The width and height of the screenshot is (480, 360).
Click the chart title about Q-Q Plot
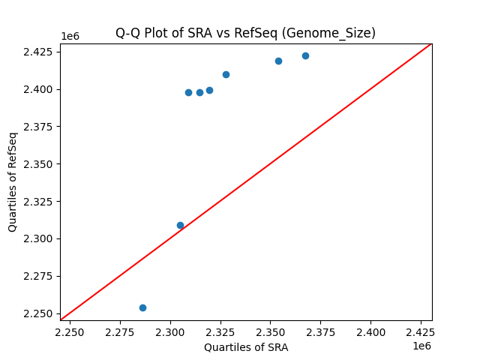click(245, 33)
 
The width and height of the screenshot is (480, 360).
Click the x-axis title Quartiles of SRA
click(245, 347)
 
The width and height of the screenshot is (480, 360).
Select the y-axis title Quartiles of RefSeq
click(13, 181)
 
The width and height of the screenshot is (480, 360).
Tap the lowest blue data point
click(142, 307)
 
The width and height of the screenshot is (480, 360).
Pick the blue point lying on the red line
click(180, 225)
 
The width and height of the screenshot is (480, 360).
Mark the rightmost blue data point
click(305, 55)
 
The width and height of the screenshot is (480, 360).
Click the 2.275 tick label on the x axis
click(121, 331)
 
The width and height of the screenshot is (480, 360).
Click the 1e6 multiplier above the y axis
click(70, 37)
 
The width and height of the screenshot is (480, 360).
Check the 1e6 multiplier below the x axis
click(421, 346)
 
